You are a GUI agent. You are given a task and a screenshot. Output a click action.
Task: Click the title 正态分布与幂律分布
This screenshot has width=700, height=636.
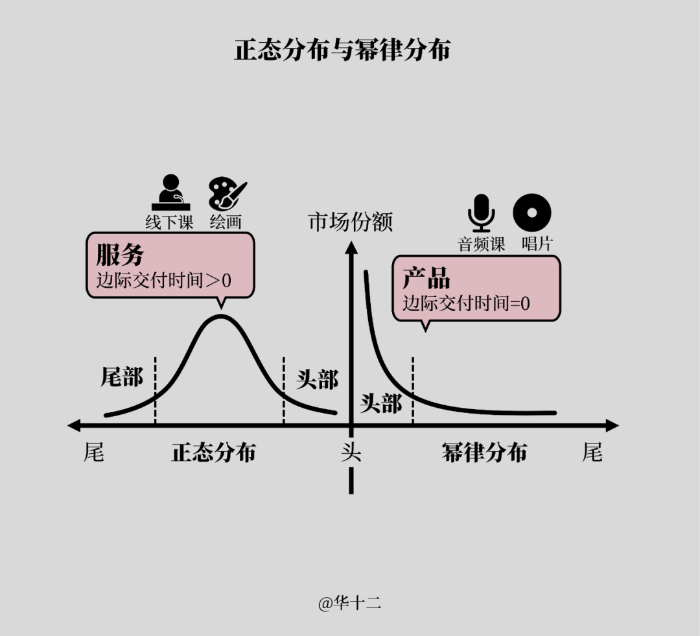[342, 51]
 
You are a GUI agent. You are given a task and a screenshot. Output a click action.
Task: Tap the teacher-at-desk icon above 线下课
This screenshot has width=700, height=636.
[169, 193]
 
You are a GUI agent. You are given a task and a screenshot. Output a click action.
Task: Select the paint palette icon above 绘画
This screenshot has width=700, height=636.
[226, 194]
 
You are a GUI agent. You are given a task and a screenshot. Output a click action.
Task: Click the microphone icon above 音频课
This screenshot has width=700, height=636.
[481, 213]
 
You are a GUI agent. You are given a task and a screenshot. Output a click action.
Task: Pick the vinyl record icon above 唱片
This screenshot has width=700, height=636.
[532, 213]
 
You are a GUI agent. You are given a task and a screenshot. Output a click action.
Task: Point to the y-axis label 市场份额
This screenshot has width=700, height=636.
[351, 222]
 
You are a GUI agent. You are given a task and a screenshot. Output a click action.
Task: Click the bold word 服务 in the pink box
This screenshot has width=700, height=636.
[120, 255]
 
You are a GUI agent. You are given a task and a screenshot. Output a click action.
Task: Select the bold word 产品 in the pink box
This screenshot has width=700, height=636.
[426, 278]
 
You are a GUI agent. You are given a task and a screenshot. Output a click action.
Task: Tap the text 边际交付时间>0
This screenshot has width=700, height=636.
[164, 281]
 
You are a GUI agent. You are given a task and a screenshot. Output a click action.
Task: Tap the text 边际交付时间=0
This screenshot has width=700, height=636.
[466, 303]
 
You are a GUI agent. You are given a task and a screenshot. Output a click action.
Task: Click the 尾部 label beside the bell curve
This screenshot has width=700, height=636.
[122, 377]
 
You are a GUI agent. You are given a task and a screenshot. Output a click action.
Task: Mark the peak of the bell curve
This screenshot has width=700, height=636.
[221, 316]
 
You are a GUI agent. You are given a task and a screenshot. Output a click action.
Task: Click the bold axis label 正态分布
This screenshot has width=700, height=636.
[213, 453]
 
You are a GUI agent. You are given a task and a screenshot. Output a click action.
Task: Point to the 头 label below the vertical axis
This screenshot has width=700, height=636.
[351, 452]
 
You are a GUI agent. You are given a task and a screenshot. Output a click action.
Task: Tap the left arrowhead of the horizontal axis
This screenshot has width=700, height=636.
[73, 426]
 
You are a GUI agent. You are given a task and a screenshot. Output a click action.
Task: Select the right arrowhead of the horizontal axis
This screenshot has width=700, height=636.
[612, 426]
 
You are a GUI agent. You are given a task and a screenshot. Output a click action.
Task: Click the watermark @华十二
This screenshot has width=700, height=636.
[349, 603]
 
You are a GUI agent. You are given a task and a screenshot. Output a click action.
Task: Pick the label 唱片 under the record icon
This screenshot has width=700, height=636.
[537, 244]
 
